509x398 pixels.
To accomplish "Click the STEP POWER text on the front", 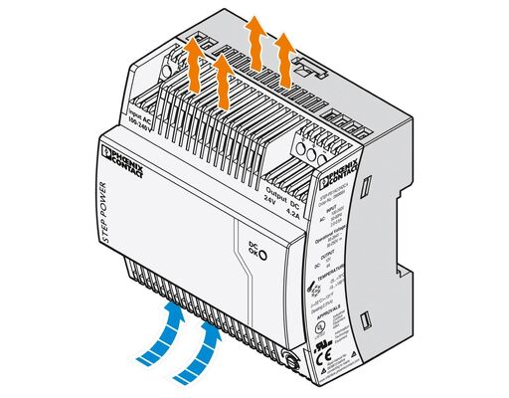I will pos(110,214).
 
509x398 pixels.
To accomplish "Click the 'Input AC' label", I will pos(130,107).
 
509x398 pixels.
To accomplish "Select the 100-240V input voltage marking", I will pos(140,117).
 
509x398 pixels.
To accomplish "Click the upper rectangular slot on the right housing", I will pos(364,185).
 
